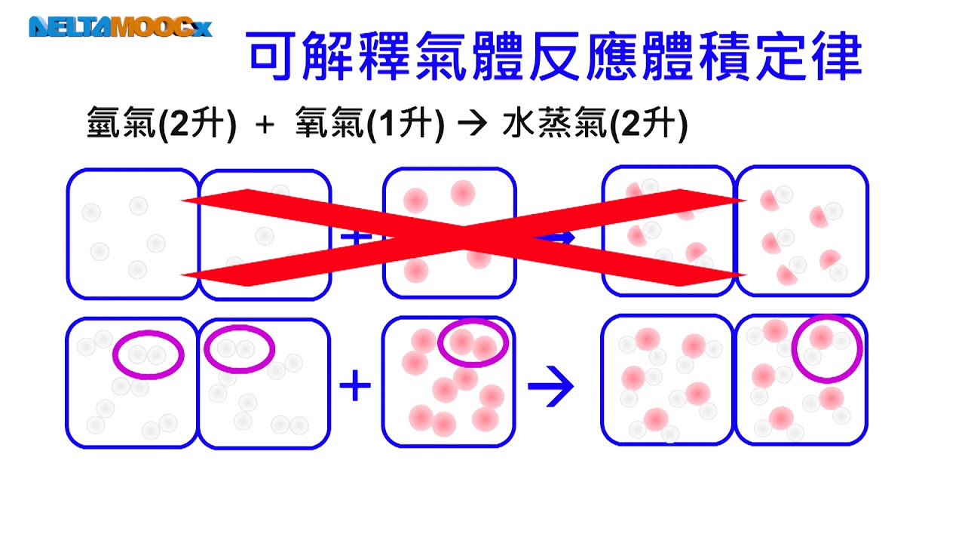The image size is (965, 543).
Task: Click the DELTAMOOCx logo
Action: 121,26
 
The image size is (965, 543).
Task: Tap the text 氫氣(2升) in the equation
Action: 161,124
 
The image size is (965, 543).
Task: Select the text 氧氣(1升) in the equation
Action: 369,124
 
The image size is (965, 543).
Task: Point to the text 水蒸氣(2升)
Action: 595,124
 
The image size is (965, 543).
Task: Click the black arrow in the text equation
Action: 473,124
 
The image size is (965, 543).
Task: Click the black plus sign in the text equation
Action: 265,125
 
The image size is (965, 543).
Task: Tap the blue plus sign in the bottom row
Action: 355,385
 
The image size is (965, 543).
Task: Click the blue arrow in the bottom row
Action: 550,386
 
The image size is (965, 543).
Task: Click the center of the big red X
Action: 463,238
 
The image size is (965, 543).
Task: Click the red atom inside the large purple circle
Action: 821,337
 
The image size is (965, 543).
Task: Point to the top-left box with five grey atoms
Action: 133,234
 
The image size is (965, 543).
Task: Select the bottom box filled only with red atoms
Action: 449,382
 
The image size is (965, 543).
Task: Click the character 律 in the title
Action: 837,56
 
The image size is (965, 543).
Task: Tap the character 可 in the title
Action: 271,56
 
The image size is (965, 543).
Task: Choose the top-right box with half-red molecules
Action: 802,231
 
